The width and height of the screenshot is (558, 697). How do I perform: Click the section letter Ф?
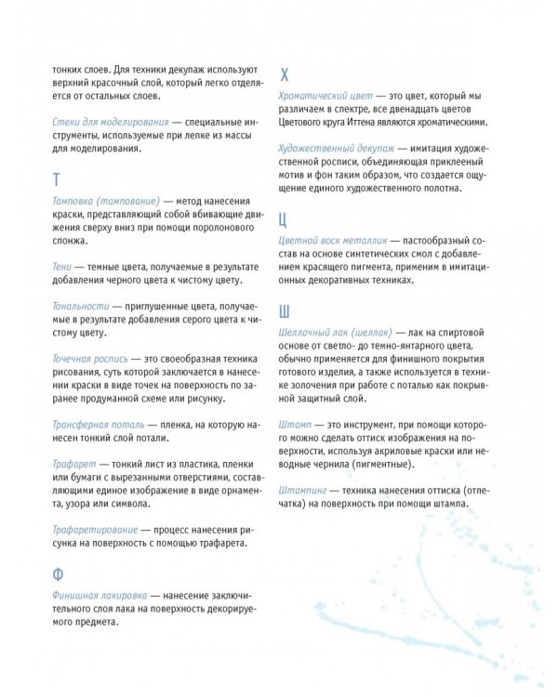coord(58,572)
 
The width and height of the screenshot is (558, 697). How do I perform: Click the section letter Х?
coord(285,75)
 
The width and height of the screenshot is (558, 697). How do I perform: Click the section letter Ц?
coord(285,219)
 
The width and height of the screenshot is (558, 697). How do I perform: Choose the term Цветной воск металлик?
coord(334,241)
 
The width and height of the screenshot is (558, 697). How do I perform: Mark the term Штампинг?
coord(306,489)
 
